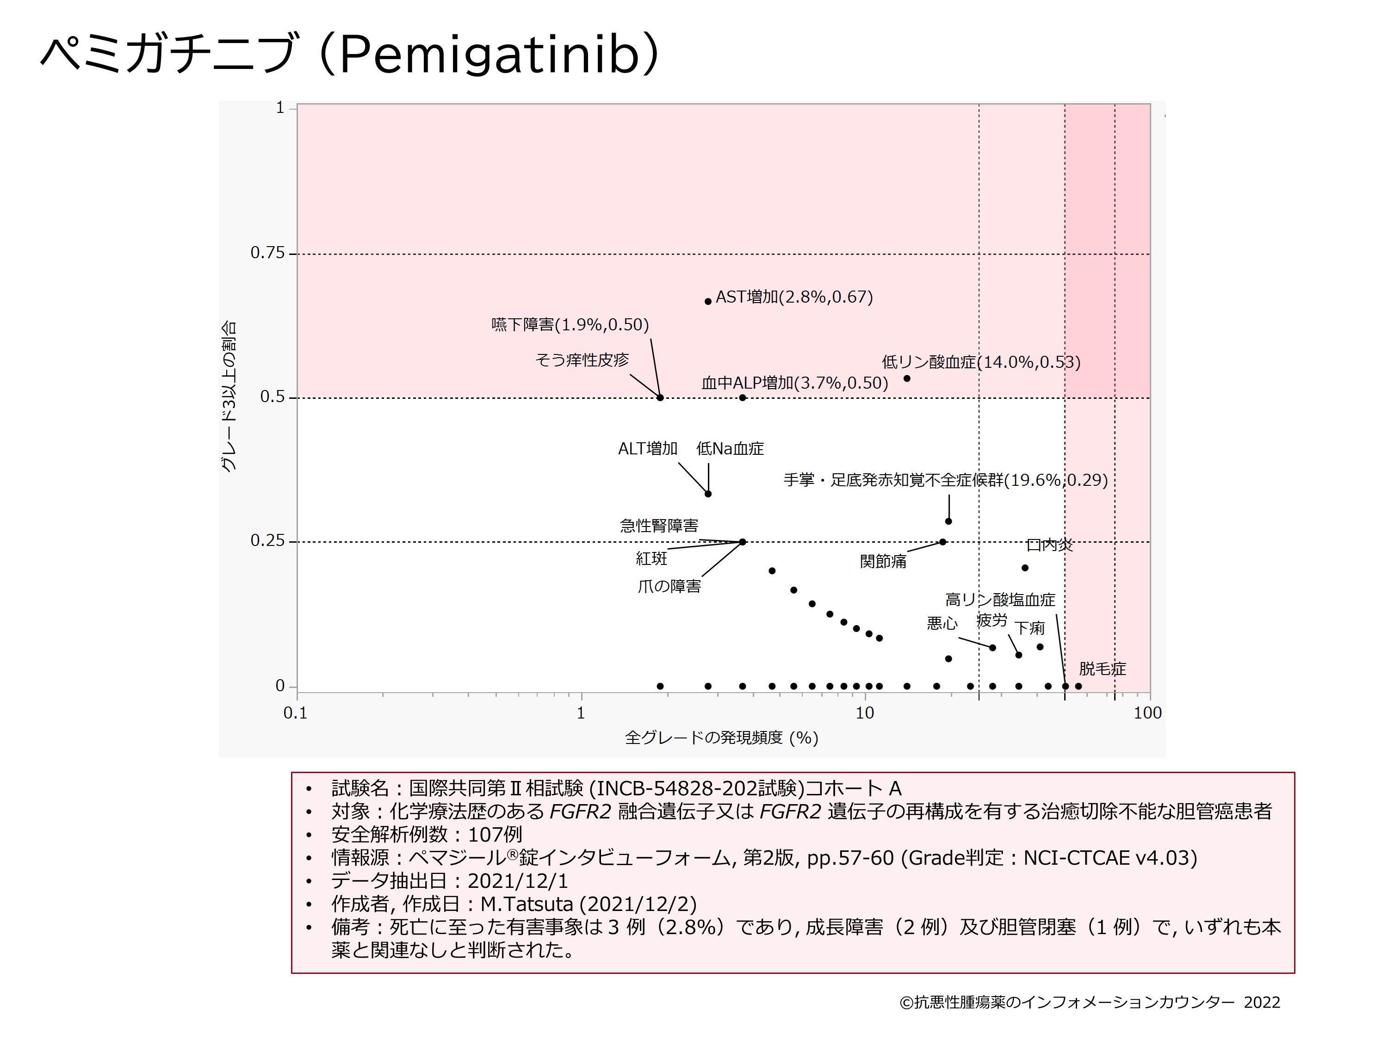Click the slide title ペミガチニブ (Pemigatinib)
(x=349, y=55)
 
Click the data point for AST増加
(x=708, y=301)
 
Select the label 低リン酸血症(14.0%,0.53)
(x=981, y=362)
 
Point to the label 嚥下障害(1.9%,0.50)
(x=570, y=324)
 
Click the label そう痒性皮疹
(x=582, y=359)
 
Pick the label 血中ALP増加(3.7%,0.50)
(x=794, y=383)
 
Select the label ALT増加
(x=648, y=449)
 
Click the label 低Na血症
(x=730, y=449)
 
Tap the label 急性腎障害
(x=659, y=525)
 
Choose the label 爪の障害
(x=669, y=586)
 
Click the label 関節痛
(x=883, y=561)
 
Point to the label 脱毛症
(x=1102, y=669)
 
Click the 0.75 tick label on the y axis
(x=267, y=253)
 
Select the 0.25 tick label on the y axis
(x=267, y=541)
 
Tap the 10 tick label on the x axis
(x=864, y=713)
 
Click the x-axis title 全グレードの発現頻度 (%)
(x=722, y=738)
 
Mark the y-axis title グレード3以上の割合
(x=229, y=397)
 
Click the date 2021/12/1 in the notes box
(x=518, y=881)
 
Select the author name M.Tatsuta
(x=527, y=904)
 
